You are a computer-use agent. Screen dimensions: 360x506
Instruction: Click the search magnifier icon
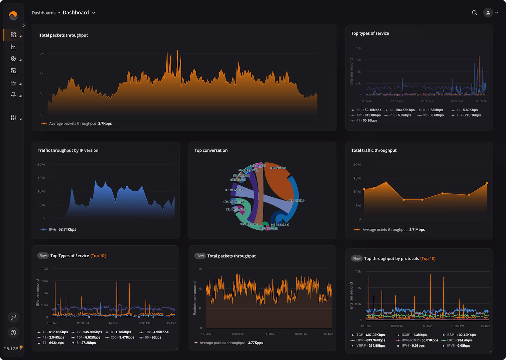474,13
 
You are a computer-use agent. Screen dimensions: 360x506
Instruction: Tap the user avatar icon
488,13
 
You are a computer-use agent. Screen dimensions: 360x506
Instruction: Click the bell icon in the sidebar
13,95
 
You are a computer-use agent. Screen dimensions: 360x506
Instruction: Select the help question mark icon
13,333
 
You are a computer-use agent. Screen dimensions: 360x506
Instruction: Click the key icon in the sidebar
13,317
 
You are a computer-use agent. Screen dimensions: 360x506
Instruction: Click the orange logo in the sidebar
13,15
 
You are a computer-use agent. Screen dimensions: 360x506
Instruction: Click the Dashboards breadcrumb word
44,13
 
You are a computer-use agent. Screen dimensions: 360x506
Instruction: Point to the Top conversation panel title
211,150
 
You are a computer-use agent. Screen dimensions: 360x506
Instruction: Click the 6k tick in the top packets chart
42,53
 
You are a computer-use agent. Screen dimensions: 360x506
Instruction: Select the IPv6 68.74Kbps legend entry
58,229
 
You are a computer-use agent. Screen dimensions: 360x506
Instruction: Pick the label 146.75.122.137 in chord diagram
280,225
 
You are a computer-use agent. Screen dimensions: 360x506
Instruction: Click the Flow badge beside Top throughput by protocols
357,259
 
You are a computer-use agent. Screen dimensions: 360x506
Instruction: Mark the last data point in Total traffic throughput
487,183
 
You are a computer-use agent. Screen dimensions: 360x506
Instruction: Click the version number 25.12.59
12,349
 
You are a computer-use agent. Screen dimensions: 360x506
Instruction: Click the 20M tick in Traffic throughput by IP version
41,164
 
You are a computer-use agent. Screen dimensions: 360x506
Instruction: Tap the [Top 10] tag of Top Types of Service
98,256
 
